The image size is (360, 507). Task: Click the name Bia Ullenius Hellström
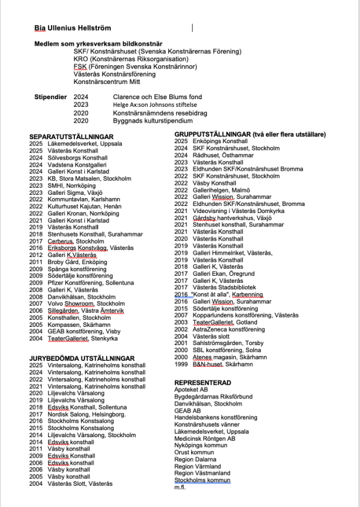[x=72, y=28]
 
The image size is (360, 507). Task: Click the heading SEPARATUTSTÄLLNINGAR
[x=71, y=137]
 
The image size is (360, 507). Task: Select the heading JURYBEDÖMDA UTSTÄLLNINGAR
[x=82, y=358]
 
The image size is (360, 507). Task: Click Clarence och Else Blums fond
[x=150, y=96]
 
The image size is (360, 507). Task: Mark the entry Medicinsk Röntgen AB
[x=205, y=438]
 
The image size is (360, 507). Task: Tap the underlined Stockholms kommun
[x=202, y=480]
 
